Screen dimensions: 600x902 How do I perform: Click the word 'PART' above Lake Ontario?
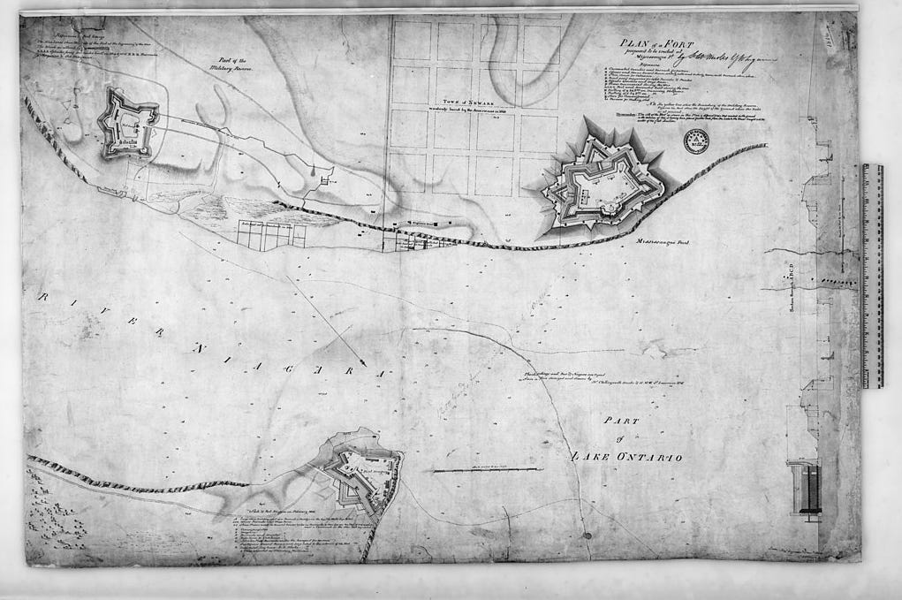pos(622,422)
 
